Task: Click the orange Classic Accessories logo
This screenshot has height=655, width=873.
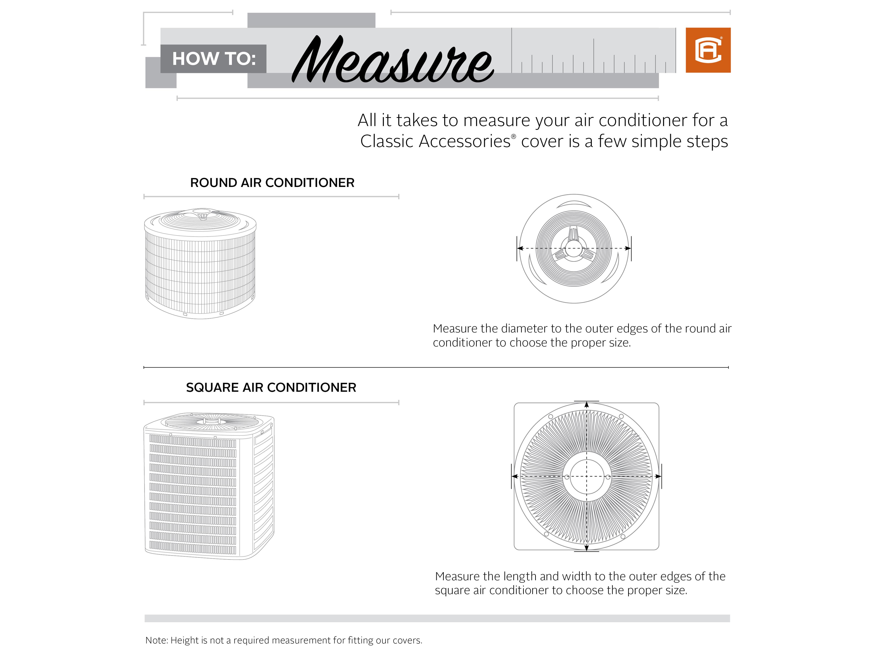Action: point(708,50)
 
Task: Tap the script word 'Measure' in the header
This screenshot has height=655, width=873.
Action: point(392,60)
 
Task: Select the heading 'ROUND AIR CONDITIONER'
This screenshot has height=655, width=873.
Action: point(272,183)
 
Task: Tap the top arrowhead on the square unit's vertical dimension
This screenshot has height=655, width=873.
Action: point(587,405)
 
